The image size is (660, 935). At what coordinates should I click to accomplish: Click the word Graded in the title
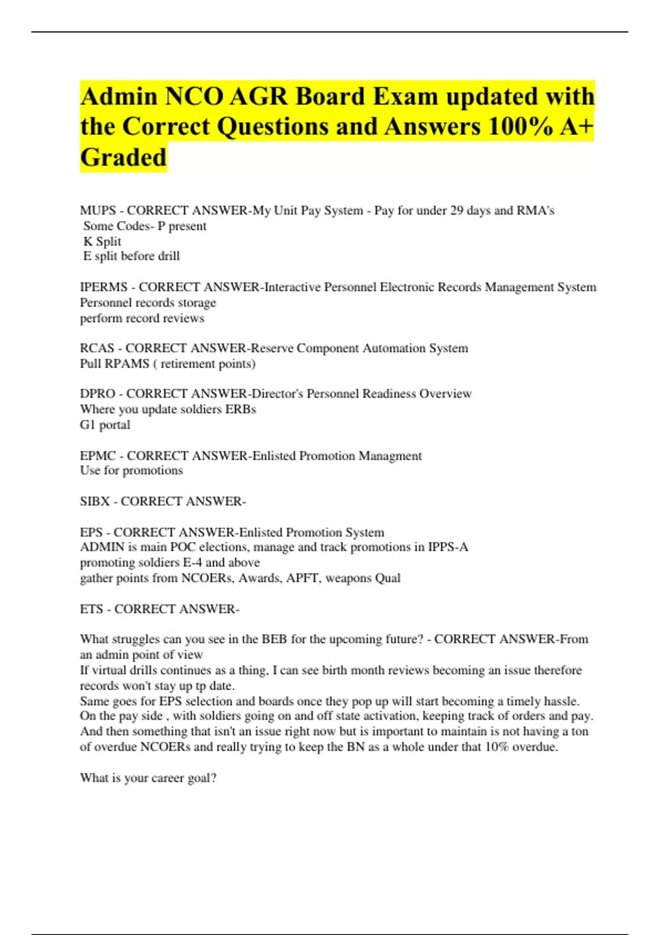pyautogui.click(x=123, y=157)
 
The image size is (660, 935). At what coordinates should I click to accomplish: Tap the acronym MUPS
pyautogui.click(x=98, y=211)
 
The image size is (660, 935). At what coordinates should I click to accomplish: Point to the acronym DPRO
pyautogui.click(x=97, y=394)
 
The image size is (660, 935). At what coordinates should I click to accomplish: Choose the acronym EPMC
pyautogui.click(x=98, y=456)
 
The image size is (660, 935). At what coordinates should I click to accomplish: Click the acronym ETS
pyautogui.click(x=91, y=609)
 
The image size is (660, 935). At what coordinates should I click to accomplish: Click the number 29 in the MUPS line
pyautogui.click(x=457, y=211)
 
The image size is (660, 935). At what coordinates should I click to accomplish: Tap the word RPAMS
pyautogui.click(x=128, y=364)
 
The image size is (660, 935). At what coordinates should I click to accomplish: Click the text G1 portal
pyautogui.click(x=105, y=425)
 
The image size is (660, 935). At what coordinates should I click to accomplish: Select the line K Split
pyautogui.click(x=102, y=241)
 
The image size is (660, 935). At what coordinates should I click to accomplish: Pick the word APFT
pyautogui.click(x=302, y=578)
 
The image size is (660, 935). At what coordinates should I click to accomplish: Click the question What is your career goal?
pyautogui.click(x=148, y=778)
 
